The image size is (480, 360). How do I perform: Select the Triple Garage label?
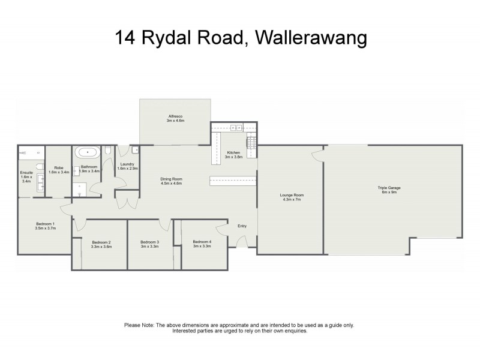coord(389,188)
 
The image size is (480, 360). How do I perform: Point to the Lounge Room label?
coord(292,195)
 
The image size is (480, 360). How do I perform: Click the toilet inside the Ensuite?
coord(40,167)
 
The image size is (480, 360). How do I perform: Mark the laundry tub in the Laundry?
coord(136,150)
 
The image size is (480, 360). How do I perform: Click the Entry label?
coord(242,226)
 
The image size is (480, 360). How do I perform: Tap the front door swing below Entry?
coord(241,242)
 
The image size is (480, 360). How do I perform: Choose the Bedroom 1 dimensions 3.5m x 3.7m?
coord(45,229)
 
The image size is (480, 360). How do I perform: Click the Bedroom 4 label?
coord(202,242)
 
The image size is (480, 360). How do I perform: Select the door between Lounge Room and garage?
coord(317,157)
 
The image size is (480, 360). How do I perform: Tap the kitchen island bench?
coord(233,180)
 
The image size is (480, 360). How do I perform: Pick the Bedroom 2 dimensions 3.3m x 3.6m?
coord(100,247)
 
